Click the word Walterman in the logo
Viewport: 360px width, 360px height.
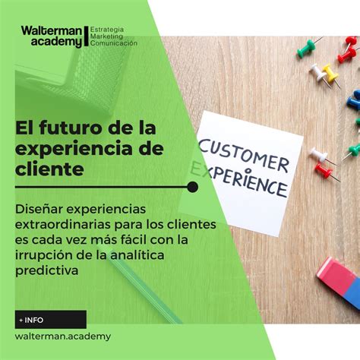52,31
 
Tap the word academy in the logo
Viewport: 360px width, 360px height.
57,42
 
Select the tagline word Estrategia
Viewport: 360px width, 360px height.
107,30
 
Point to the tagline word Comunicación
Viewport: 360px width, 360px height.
114,43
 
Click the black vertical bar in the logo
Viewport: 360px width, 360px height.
87,36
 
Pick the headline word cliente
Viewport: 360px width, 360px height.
49,169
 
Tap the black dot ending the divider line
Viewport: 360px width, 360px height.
193,187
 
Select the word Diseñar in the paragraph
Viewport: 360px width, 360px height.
39,209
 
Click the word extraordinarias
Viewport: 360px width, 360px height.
63,225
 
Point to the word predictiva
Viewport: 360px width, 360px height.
47,270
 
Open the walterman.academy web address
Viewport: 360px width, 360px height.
63,336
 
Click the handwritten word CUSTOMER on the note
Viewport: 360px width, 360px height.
244,156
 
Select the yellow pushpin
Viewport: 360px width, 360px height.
330,74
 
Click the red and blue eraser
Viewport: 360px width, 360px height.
339,281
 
